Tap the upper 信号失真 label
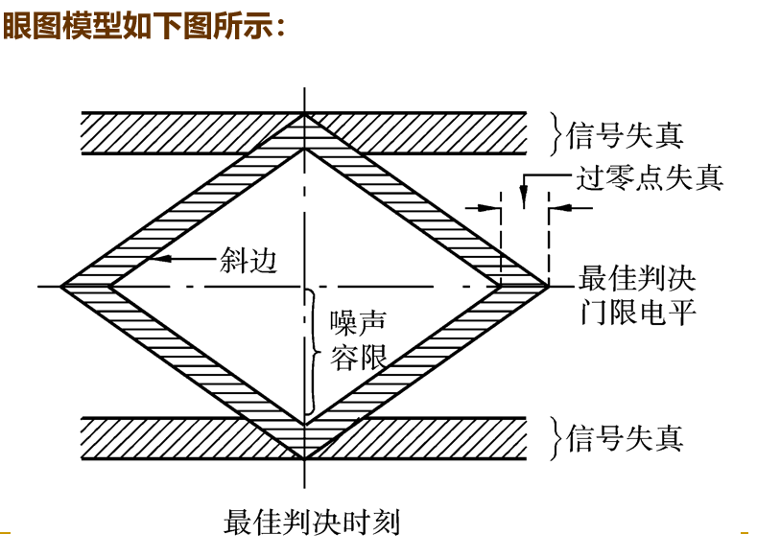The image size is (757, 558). (627, 135)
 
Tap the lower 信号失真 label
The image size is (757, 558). (627, 438)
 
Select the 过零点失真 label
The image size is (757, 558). (651, 177)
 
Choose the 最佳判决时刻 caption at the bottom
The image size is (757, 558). (312, 523)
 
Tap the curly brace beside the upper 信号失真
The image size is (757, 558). (554, 134)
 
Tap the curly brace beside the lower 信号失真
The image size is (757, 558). (554, 438)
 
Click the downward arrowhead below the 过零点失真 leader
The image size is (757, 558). (522, 201)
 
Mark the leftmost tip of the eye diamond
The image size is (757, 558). (61, 286)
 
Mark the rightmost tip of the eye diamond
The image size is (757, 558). (549, 286)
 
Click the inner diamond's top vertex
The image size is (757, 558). (304, 149)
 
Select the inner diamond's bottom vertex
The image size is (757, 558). (304, 423)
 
